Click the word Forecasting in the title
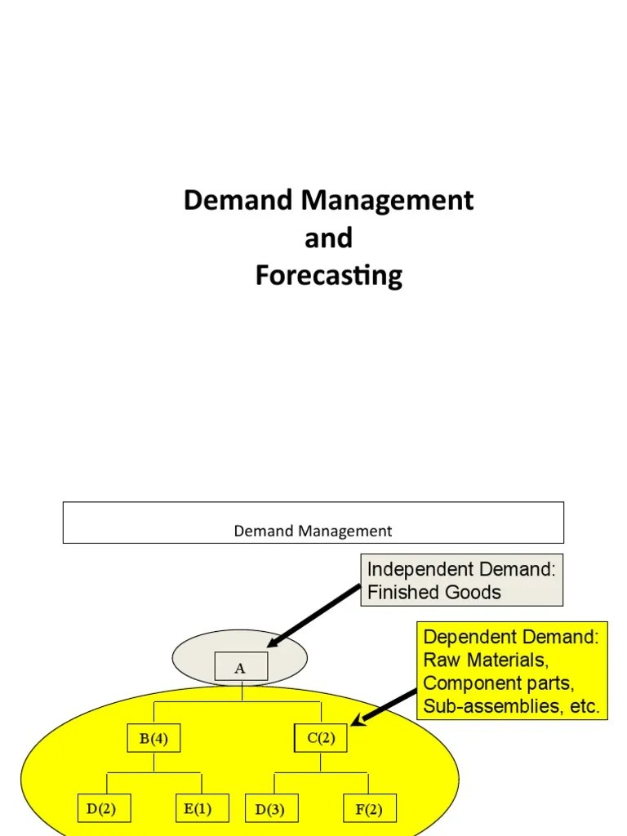[x=328, y=276]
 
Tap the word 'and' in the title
[x=328, y=238]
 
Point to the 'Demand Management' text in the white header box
[x=313, y=531]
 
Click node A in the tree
[x=240, y=668]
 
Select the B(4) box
[x=153, y=740]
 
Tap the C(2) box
[x=320, y=740]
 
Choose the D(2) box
[x=102, y=809]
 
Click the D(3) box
[x=271, y=809]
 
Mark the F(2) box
[x=370, y=809]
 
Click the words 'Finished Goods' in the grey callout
[x=434, y=593]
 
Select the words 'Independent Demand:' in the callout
[x=461, y=569]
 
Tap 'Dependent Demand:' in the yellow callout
[x=511, y=637]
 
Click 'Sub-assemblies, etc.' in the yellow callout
[x=511, y=706]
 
